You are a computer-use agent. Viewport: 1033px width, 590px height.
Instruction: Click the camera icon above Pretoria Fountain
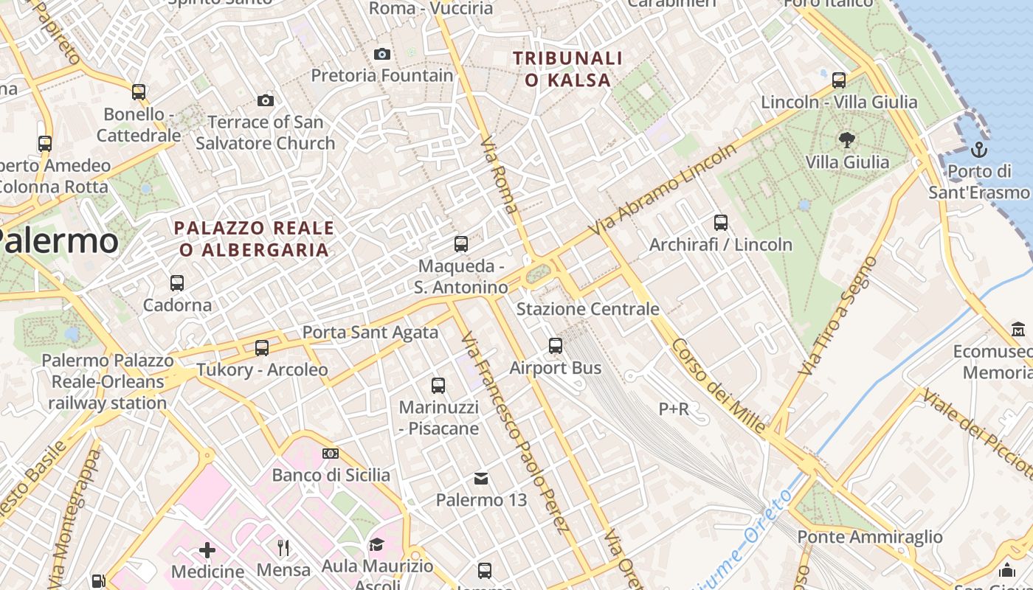click(x=381, y=54)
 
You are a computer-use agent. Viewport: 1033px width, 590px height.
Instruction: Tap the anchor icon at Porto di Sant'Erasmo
click(x=979, y=150)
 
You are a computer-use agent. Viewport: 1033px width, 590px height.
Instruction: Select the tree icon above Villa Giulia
click(x=846, y=139)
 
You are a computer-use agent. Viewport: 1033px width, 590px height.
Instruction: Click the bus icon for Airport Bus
click(x=556, y=345)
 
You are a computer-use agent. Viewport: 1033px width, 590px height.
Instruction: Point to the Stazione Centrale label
click(x=587, y=309)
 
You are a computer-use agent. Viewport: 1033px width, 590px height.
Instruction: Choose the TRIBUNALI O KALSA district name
click(x=568, y=69)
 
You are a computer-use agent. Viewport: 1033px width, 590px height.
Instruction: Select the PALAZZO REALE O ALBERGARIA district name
click(x=254, y=239)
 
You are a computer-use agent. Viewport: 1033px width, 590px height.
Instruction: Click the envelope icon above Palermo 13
click(x=481, y=479)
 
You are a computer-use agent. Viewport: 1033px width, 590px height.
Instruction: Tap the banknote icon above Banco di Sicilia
click(x=331, y=454)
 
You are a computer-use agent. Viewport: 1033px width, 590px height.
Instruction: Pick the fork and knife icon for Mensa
click(x=283, y=547)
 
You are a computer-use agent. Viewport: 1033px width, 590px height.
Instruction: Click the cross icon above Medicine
click(x=207, y=549)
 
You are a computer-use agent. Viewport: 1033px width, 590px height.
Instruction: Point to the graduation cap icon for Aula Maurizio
click(x=376, y=544)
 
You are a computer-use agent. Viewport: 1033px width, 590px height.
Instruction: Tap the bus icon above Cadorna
click(x=177, y=282)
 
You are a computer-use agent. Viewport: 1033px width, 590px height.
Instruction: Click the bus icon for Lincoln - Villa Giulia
click(x=838, y=80)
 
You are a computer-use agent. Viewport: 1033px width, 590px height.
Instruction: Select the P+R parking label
click(x=674, y=409)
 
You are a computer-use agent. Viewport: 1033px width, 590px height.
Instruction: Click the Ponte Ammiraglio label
click(x=870, y=537)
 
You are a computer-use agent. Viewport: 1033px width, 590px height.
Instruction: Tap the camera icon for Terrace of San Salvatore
click(x=266, y=100)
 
